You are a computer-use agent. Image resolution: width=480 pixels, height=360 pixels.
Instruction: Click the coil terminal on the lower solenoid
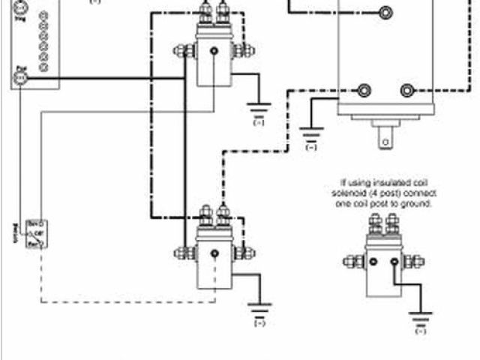214,253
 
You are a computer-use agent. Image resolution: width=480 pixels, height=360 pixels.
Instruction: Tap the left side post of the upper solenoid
182,51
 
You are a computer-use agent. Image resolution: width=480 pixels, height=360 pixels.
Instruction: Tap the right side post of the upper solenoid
241,51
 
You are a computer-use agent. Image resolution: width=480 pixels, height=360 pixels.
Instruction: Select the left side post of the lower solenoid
181,253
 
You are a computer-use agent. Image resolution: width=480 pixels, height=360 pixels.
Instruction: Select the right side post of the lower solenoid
242,253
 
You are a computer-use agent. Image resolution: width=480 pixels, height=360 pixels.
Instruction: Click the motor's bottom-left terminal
364,91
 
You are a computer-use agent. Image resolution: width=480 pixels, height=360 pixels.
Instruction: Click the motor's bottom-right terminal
408,91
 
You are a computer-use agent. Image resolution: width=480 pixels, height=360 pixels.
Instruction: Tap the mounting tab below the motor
386,138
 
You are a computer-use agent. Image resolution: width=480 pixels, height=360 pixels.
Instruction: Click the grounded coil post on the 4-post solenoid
394,261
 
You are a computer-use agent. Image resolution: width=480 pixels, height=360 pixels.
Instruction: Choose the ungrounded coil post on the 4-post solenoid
372,261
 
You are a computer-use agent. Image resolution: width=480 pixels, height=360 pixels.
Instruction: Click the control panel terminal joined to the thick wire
22,76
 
